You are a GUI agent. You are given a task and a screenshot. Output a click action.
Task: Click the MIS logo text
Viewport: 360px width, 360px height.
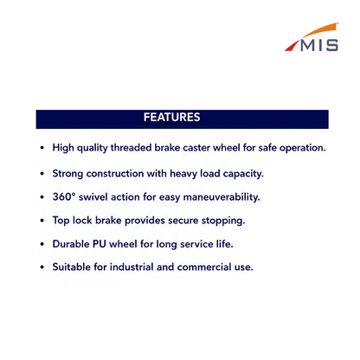pos(319,46)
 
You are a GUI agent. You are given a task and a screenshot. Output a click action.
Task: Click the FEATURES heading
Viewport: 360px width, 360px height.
pos(172,117)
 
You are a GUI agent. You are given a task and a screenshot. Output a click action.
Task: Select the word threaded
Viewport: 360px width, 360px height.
pos(131,147)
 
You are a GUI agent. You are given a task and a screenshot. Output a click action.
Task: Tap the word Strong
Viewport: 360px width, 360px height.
pos(67,174)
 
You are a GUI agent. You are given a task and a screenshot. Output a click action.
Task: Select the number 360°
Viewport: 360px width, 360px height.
pos(64,196)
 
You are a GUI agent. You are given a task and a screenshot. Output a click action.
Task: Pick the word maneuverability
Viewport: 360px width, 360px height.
pos(222,197)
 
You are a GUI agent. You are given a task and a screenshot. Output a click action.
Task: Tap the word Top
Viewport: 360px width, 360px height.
pos(61,221)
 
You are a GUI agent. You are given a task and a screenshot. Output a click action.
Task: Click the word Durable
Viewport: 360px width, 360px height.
pos(71,244)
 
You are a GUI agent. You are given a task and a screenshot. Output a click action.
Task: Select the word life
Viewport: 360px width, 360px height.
pos(225,244)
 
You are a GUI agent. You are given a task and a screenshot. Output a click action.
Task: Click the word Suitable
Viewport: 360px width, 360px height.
pos(72,267)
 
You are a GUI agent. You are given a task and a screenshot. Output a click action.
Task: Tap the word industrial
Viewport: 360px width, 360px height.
pos(132,267)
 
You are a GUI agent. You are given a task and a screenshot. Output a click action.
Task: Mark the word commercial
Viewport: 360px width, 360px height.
pos(204,267)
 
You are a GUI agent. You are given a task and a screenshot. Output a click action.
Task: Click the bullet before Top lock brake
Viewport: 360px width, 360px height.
pos(42,221)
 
